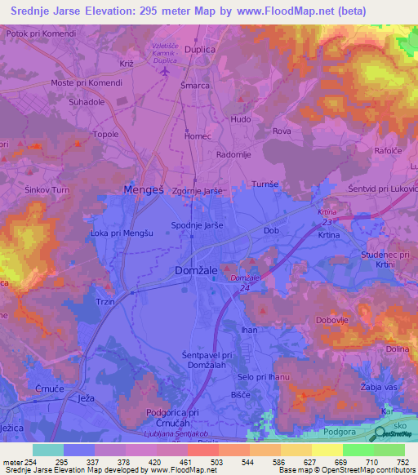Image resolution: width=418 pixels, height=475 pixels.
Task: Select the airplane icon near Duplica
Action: [167, 71]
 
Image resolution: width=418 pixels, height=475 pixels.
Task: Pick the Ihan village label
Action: [250, 330]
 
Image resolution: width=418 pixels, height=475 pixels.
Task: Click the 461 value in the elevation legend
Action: [207, 461]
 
